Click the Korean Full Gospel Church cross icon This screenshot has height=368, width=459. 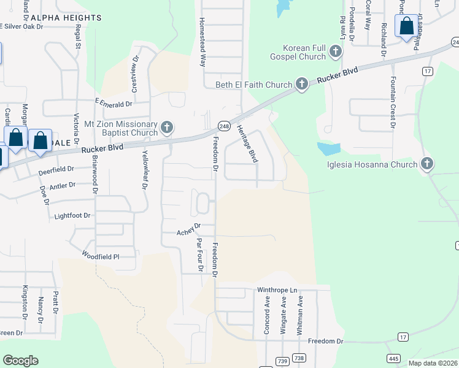(336, 52)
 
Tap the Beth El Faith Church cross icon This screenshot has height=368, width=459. (301, 84)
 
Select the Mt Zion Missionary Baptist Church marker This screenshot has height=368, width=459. (166, 128)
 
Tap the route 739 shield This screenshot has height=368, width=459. (282, 358)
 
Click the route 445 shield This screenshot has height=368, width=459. (394, 358)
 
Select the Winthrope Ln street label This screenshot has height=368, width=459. (276, 289)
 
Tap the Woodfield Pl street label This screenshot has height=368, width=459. (100, 255)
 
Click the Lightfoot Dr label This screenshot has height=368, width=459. (72, 216)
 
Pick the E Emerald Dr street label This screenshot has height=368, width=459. (114, 105)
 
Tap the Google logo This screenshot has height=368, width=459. (20, 361)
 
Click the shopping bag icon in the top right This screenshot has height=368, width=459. (406, 27)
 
